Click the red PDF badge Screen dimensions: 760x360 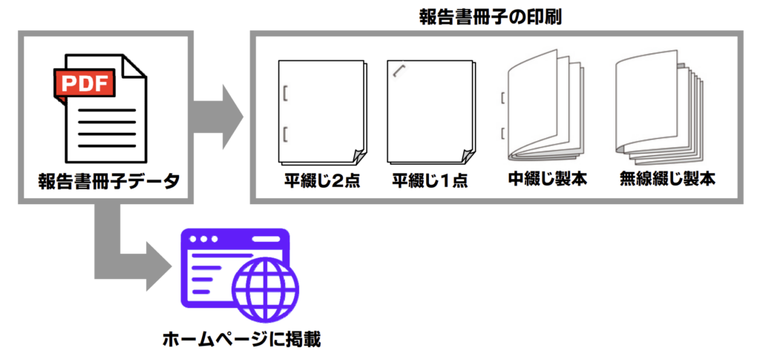[85, 84]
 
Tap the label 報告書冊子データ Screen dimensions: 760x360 [108, 182]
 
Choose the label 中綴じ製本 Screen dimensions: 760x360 [548, 180]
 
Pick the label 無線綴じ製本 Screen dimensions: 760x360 [667, 180]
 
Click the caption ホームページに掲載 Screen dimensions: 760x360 [242, 338]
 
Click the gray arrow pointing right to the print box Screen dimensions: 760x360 [218, 117]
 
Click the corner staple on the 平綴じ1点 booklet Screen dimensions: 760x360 [399, 71]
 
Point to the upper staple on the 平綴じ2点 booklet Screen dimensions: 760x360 [285, 93]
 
